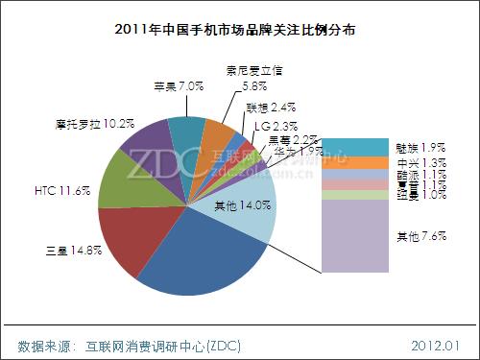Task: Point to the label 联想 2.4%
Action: tap(265, 107)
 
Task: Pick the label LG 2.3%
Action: tap(276, 125)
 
